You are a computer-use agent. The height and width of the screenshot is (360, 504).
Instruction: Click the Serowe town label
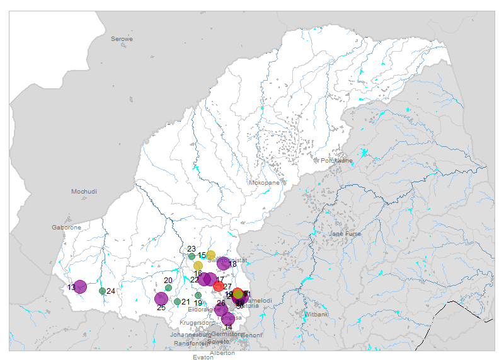tap(122, 39)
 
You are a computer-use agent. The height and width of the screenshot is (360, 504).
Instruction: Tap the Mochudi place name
tap(84, 191)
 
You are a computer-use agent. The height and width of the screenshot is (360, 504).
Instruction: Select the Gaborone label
tap(66, 227)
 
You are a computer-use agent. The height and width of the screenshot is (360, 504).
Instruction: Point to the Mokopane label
tap(264, 183)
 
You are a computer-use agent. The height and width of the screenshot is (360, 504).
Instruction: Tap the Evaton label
tap(203, 357)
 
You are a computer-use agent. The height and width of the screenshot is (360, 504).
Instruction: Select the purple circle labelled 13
tap(80, 287)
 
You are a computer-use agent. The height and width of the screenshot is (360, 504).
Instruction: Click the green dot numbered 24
tap(102, 291)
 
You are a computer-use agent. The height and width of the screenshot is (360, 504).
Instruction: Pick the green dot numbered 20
tap(168, 287)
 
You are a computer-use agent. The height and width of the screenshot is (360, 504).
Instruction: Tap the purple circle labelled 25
tap(161, 299)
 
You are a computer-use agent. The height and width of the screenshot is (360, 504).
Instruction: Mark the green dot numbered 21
tap(177, 301)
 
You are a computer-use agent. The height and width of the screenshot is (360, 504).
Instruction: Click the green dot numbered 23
tap(192, 256)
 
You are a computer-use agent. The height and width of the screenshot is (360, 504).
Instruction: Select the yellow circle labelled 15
tap(211, 255)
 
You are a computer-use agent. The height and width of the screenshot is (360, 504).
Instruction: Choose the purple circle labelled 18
tap(224, 264)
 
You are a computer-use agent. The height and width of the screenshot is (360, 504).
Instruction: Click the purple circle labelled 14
tap(228, 319)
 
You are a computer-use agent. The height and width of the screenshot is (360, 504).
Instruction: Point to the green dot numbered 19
tap(198, 295)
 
